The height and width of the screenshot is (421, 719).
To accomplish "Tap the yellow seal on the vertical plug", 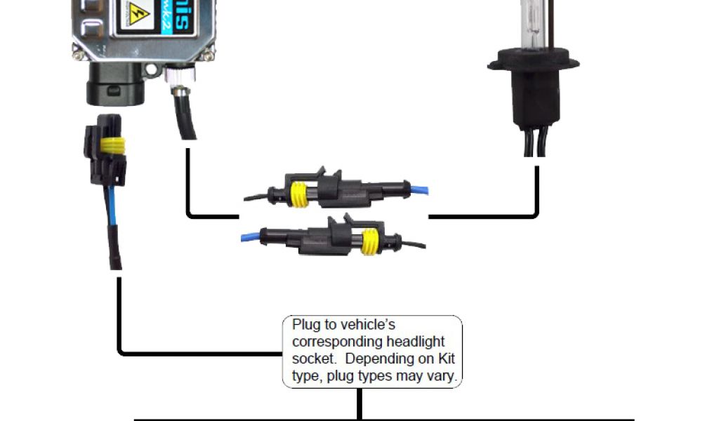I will [112, 147].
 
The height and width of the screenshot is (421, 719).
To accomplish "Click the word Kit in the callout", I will [446, 359].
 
